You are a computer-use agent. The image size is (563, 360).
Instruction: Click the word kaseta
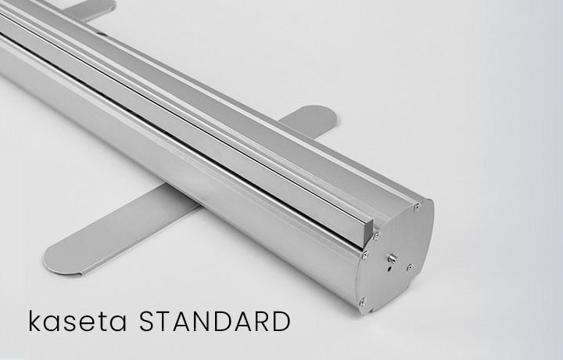click(77, 321)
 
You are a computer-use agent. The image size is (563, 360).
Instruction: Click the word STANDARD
click(215, 321)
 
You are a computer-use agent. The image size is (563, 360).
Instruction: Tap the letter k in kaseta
click(35, 321)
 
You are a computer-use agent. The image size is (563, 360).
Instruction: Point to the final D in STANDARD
click(281, 322)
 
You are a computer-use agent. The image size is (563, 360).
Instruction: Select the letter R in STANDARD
click(260, 322)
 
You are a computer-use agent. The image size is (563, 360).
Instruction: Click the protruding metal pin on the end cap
click(392, 258)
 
